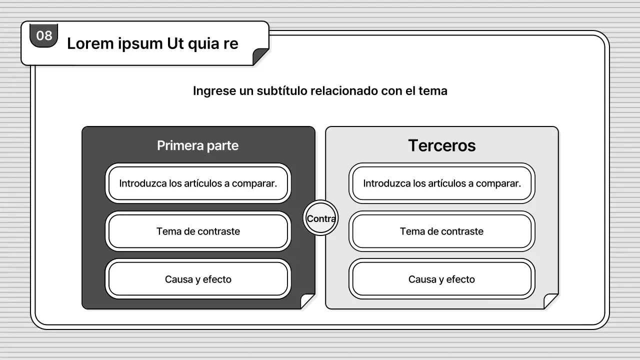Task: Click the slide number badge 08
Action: coord(44,36)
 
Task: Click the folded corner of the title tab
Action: coord(260,56)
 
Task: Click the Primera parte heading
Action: coord(197,145)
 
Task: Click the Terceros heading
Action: coord(441,145)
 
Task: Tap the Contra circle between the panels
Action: coord(320,218)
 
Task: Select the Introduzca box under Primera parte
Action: coord(198,183)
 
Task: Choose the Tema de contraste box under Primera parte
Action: coord(198,231)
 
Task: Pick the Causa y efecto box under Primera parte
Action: coord(198,279)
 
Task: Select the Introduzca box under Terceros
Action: coord(442,183)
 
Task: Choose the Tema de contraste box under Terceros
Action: coord(442,231)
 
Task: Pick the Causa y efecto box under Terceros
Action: coord(442,279)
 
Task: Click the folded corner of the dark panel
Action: coord(307,301)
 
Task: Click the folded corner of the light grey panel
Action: coord(550,301)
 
